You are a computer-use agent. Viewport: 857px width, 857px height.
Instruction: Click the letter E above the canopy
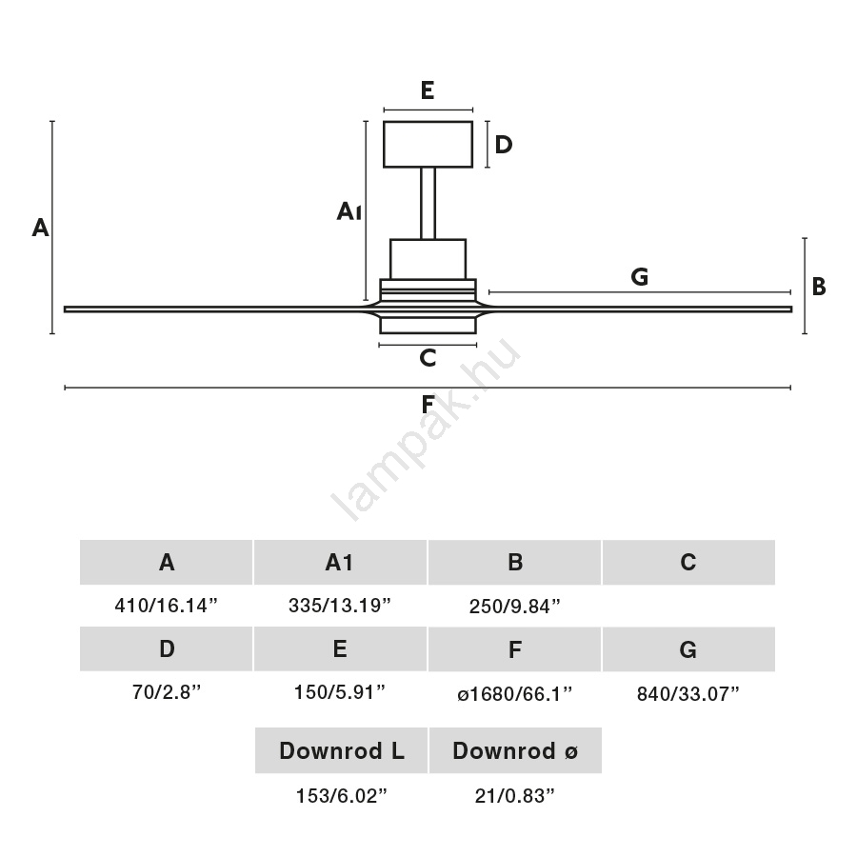[x=428, y=91]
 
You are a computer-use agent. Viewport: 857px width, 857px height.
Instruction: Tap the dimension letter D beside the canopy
[x=504, y=145]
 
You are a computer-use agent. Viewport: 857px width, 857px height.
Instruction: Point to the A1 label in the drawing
[x=349, y=211]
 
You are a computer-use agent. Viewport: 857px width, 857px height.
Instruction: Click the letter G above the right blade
[x=640, y=277]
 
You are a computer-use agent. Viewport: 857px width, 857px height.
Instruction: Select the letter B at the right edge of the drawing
[x=818, y=287]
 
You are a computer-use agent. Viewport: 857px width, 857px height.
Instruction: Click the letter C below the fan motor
[x=428, y=358]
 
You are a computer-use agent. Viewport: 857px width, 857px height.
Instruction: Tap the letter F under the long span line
[x=428, y=405]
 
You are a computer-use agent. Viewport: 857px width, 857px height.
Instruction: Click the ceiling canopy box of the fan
[x=428, y=144]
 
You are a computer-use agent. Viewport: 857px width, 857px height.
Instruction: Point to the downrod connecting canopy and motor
[x=428, y=203]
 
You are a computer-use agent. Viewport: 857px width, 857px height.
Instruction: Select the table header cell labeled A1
[x=340, y=563]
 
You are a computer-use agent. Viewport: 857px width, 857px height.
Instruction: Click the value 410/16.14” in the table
[x=167, y=606]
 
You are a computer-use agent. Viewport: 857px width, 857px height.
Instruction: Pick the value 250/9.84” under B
[x=514, y=606]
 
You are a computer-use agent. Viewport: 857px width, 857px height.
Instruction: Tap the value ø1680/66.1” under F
[x=514, y=693]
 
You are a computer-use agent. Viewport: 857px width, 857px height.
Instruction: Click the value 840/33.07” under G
[x=688, y=693]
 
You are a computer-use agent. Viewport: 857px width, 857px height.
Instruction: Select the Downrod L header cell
[x=341, y=751]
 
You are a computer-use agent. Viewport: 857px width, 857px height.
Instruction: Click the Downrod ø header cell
[x=515, y=751]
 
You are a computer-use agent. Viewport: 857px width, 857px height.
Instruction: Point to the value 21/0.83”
[x=515, y=796]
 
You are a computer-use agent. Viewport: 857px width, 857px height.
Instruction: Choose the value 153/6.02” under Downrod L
[x=341, y=796]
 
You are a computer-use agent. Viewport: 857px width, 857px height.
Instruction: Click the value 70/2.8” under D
[x=167, y=693]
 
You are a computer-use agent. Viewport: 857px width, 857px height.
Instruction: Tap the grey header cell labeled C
[x=688, y=563]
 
